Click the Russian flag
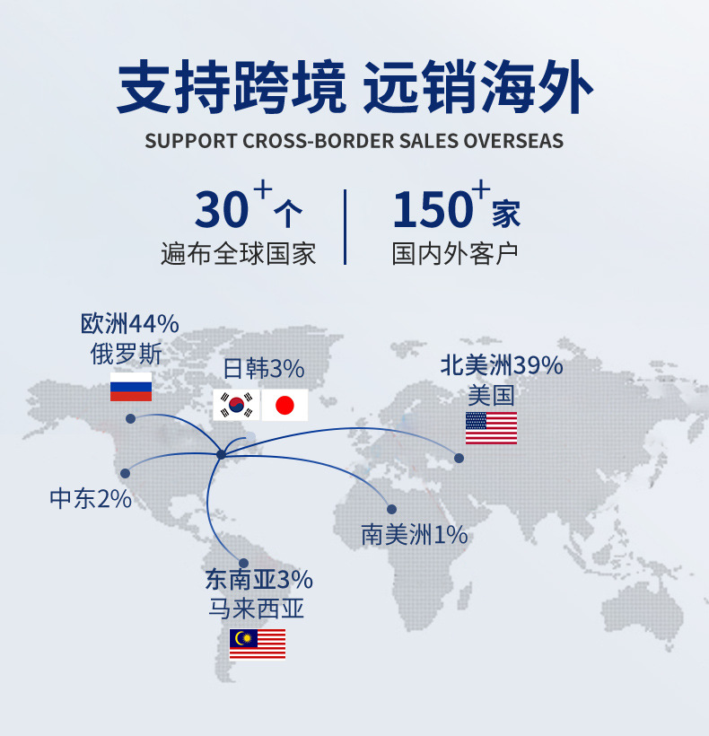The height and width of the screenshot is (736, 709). click(131, 386)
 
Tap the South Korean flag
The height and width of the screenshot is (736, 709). click(235, 405)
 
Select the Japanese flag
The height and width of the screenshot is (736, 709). click(284, 405)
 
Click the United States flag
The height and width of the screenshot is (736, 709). click(491, 428)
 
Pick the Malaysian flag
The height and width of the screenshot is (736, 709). click(258, 644)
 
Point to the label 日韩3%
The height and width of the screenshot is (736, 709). click(264, 369)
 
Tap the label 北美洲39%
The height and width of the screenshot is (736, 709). click(501, 365)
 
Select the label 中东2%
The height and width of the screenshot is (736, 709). click(91, 499)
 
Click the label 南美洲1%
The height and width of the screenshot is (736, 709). click(415, 536)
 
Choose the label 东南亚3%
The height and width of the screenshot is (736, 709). click(258, 579)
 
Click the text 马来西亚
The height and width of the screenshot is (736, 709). click(257, 609)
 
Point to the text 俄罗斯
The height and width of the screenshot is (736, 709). click(127, 354)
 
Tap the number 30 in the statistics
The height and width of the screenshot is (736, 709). click(222, 210)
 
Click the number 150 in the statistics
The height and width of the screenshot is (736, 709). click(432, 210)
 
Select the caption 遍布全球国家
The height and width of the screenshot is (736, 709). click(239, 253)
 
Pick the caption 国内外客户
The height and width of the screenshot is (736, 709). click(455, 253)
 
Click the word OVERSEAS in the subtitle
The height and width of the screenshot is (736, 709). click(513, 141)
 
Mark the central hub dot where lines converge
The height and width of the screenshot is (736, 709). click(221, 454)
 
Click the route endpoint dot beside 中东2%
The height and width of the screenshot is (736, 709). click(126, 473)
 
